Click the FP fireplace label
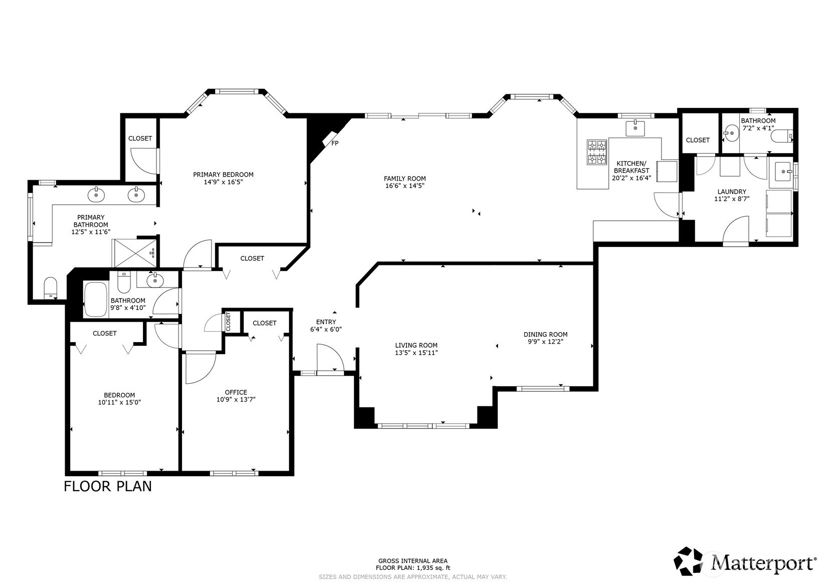pyautogui.click(x=335, y=143)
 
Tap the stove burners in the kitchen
pyautogui.click(x=597, y=152)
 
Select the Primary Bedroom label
pyautogui.click(x=223, y=175)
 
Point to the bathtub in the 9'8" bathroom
pyautogui.click(x=96, y=300)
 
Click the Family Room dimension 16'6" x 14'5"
pyautogui.click(x=405, y=186)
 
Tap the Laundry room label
pyautogui.click(x=732, y=192)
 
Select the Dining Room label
pyautogui.click(x=545, y=335)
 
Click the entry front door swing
pyautogui.click(x=329, y=357)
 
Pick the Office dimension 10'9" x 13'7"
pyautogui.click(x=236, y=400)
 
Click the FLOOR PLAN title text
pyautogui.click(x=107, y=486)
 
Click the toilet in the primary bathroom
pyautogui.click(x=51, y=288)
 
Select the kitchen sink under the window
pyautogui.click(x=635, y=128)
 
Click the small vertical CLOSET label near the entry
pyautogui.click(x=228, y=321)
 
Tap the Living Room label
pyautogui.click(x=416, y=345)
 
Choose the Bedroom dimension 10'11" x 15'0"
pyautogui.click(x=119, y=402)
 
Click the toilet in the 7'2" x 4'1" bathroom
pyautogui.click(x=782, y=135)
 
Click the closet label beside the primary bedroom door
pyautogui.click(x=140, y=138)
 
